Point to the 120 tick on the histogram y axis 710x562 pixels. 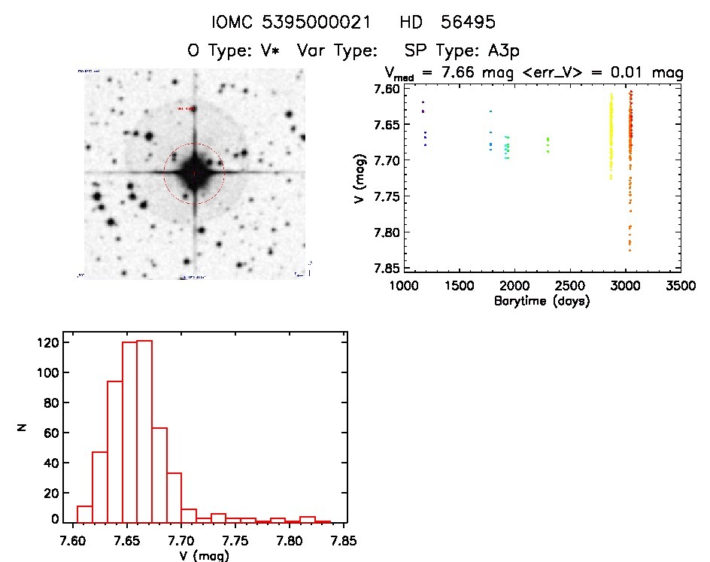coord(47,343)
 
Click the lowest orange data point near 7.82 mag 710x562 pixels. coord(630,249)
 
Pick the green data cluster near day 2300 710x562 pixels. coord(548,144)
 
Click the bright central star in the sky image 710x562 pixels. coord(194,172)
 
